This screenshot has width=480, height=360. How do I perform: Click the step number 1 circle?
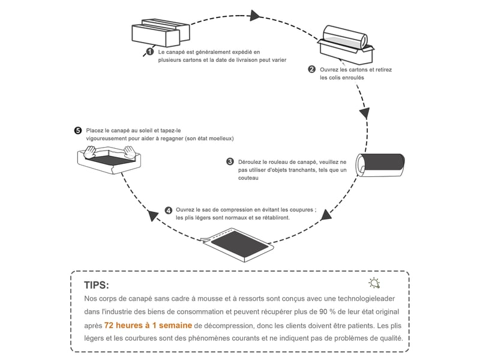point(149,52)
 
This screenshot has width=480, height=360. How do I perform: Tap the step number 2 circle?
point(311,69)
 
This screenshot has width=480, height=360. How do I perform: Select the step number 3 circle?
point(230,161)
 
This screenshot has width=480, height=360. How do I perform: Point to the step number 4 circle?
point(169,211)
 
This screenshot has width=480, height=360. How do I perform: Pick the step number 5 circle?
point(78,131)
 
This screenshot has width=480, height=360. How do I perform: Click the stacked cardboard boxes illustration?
point(161,33)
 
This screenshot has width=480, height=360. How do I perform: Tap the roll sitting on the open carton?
point(346,37)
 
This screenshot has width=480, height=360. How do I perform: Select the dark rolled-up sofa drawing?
point(380,165)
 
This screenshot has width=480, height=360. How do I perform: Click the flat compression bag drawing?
point(238,245)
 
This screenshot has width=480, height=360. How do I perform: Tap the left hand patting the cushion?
point(90,152)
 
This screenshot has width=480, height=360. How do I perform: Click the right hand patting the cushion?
point(130,152)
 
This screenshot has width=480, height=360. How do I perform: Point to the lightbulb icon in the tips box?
point(374,283)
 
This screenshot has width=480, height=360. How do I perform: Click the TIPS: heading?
point(97,286)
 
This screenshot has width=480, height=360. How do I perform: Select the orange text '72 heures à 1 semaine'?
point(148,325)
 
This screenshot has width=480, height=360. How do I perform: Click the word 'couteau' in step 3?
point(248,178)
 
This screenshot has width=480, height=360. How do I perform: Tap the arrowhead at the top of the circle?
point(255,16)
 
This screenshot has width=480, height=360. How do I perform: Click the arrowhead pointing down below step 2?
point(364,113)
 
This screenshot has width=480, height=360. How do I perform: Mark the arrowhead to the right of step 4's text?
point(326,215)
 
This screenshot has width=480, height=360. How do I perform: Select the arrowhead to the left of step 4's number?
point(153,215)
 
